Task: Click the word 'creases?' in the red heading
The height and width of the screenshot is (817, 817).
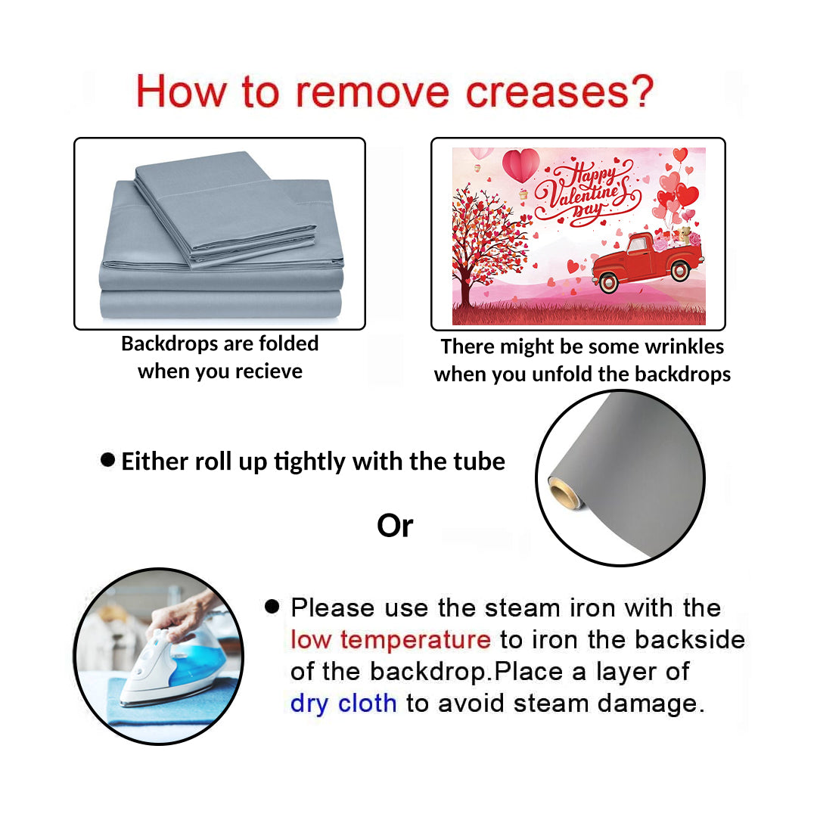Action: coord(560,92)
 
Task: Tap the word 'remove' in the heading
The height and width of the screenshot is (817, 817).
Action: coord(372,93)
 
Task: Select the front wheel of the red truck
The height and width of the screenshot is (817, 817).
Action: coord(608,282)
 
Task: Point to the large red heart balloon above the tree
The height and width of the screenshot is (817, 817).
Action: coord(520,164)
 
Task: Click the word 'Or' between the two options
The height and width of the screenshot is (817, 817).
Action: coord(395,526)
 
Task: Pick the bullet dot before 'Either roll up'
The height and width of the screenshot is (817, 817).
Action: coord(108,460)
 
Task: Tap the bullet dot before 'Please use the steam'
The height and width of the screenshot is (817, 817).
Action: coord(272,606)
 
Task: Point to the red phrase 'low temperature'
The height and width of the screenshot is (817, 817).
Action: coord(390,639)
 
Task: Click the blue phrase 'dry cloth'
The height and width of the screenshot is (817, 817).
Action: coord(343,704)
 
